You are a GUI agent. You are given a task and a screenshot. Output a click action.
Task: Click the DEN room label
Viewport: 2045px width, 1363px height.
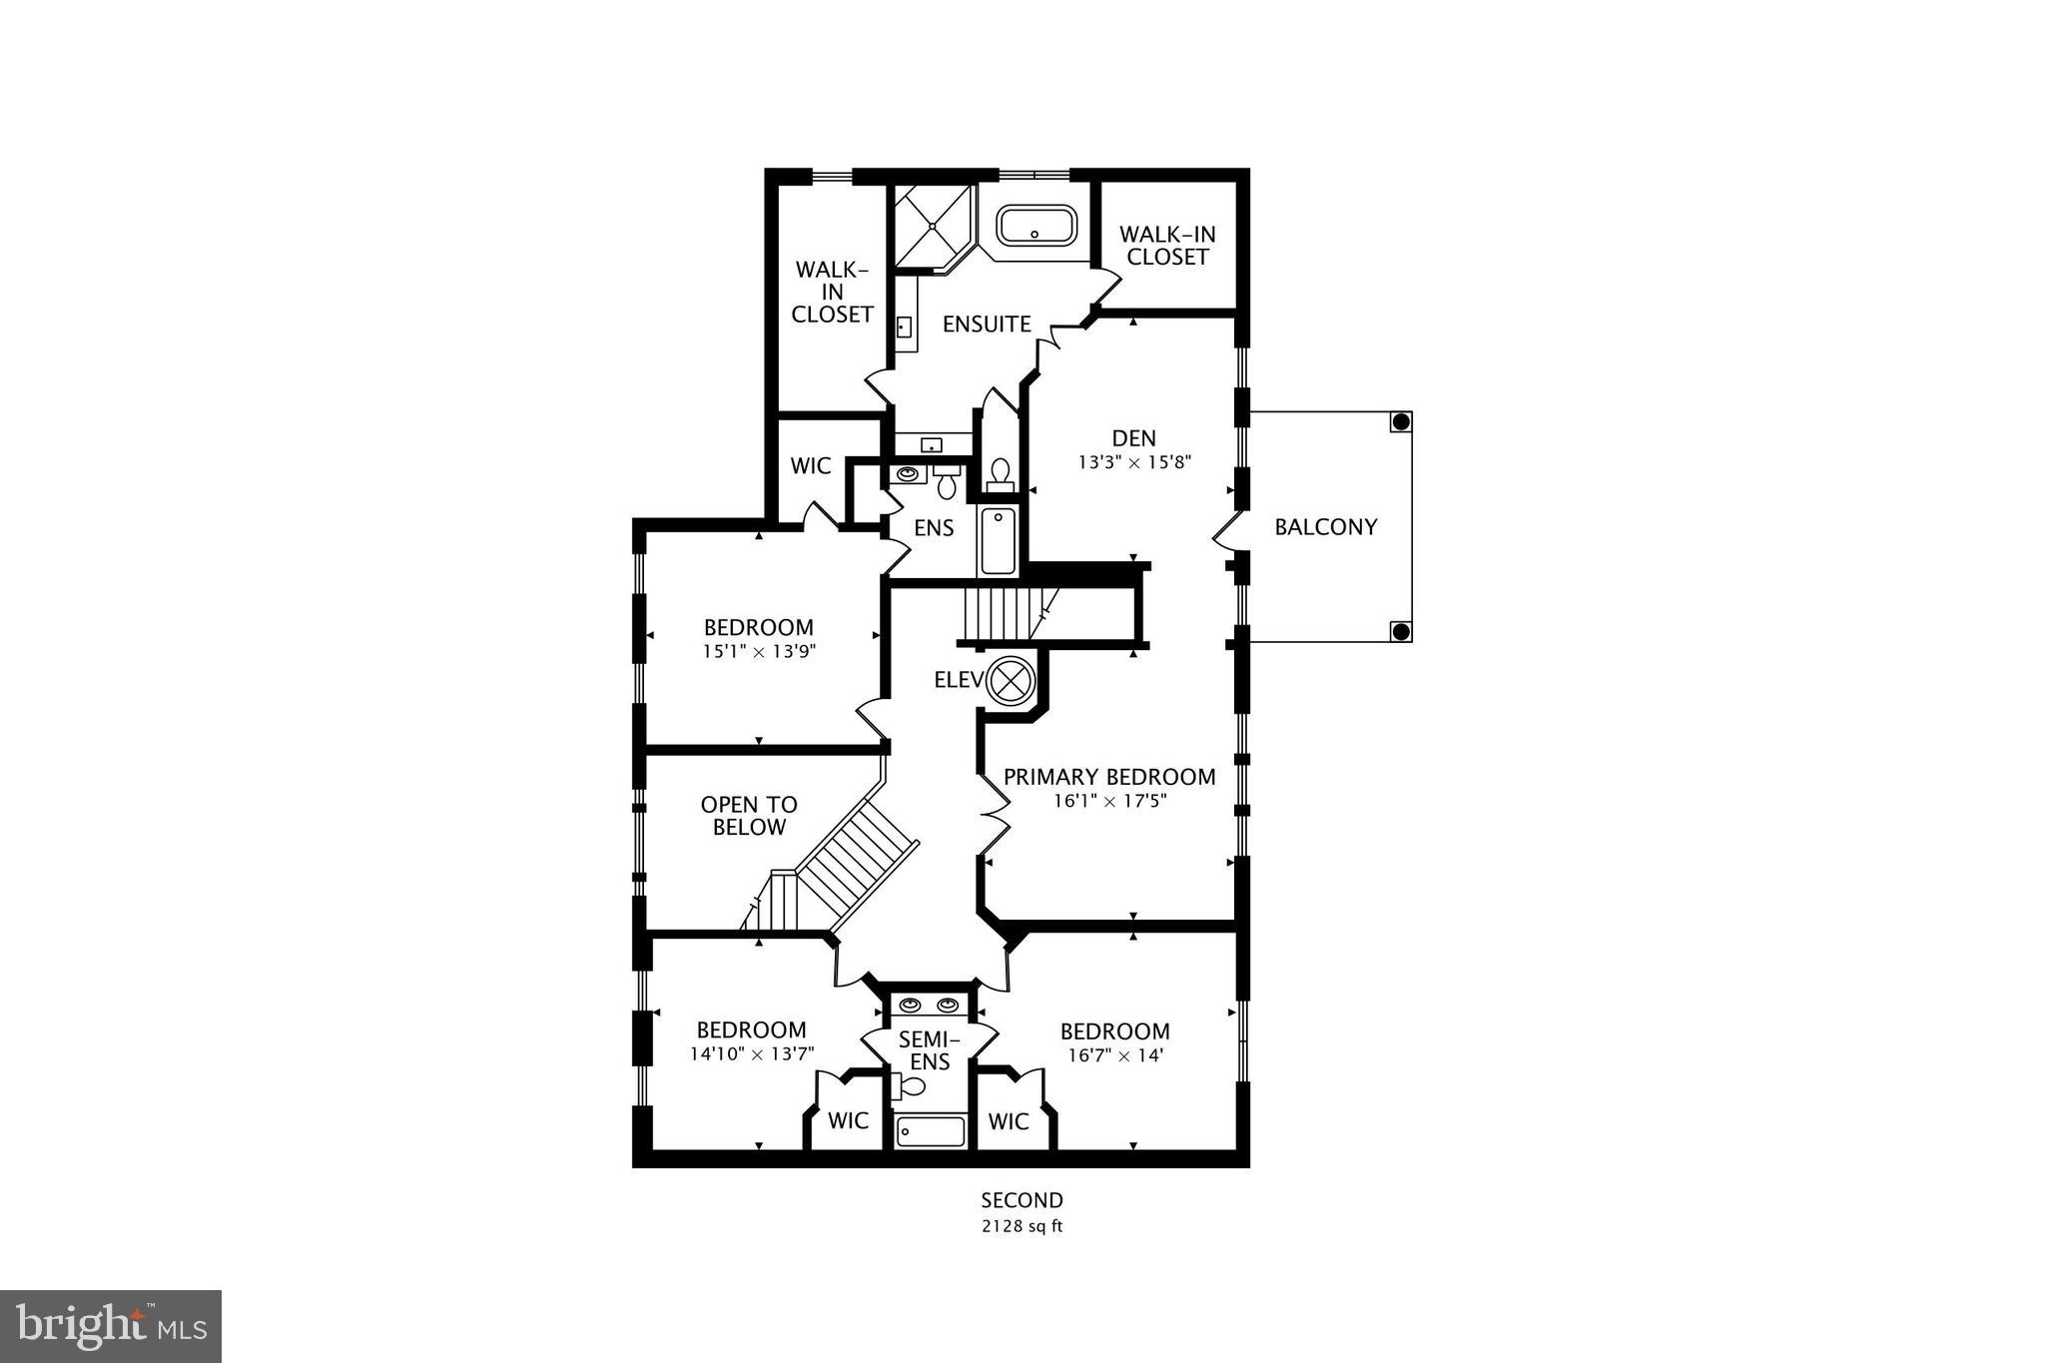pos(1133,437)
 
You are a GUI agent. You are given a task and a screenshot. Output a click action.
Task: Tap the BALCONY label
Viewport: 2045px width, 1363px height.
pos(1325,526)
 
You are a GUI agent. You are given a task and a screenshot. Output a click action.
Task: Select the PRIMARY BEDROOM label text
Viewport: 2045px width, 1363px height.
pos(1108,777)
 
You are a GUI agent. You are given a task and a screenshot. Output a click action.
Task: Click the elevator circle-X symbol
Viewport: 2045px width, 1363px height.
pos(1011,681)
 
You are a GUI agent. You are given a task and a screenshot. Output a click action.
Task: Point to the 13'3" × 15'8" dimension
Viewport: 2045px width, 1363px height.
pos(1134,462)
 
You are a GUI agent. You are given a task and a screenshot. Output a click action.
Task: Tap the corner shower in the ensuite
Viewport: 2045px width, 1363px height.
pos(931,226)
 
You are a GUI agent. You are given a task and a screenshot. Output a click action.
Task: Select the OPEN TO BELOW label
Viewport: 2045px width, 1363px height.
pos(749,816)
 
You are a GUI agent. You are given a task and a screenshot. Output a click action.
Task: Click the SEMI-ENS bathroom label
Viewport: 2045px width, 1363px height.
pos(929,1050)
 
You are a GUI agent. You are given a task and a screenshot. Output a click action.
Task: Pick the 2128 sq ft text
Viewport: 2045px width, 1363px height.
pos(1022,1226)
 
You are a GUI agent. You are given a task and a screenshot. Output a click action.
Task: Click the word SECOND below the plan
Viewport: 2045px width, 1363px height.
pos(1022,1200)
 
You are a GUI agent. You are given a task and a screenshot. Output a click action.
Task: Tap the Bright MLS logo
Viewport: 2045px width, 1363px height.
pos(111,1326)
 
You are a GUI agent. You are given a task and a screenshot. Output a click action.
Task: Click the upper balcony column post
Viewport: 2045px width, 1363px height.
pos(1401,421)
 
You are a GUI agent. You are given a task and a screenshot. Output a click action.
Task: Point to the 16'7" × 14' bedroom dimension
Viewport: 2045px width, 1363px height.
pos(1114,1055)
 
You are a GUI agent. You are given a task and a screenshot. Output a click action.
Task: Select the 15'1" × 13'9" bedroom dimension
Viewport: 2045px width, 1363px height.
pos(759,651)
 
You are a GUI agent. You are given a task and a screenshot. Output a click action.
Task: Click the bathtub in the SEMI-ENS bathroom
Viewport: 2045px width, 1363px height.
pos(931,1131)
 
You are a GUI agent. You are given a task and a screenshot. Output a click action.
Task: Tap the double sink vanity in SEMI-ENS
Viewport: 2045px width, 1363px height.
pos(930,1005)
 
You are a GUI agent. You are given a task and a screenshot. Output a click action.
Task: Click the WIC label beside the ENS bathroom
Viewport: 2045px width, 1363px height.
pos(810,465)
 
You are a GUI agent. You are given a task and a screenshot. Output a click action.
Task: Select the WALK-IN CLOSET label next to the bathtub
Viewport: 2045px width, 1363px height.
pos(1167,246)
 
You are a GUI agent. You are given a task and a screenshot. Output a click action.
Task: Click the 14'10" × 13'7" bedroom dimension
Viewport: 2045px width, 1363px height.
pos(752,1053)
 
